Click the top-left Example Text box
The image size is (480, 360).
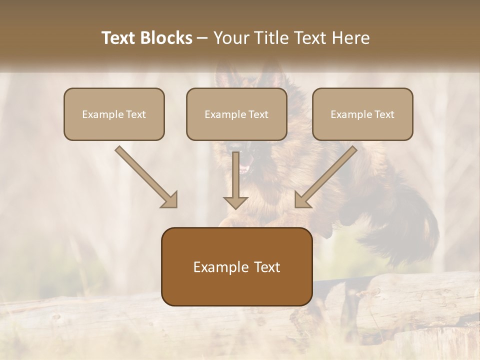(114, 114)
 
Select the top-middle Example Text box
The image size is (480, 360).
(236, 114)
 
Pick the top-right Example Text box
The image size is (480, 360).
(362, 114)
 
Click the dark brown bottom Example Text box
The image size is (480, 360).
(236, 266)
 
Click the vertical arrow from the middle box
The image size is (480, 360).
(236, 175)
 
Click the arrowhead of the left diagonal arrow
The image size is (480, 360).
(170, 199)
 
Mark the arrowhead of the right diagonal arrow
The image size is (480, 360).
(302, 199)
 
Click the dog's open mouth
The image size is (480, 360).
(243, 167)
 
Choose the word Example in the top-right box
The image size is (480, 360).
(348, 114)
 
